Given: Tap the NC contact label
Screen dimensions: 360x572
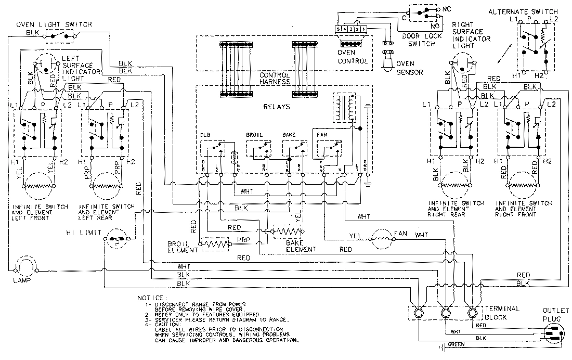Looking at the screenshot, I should [446, 9].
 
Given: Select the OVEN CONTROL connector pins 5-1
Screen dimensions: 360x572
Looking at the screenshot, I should [352, 28].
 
